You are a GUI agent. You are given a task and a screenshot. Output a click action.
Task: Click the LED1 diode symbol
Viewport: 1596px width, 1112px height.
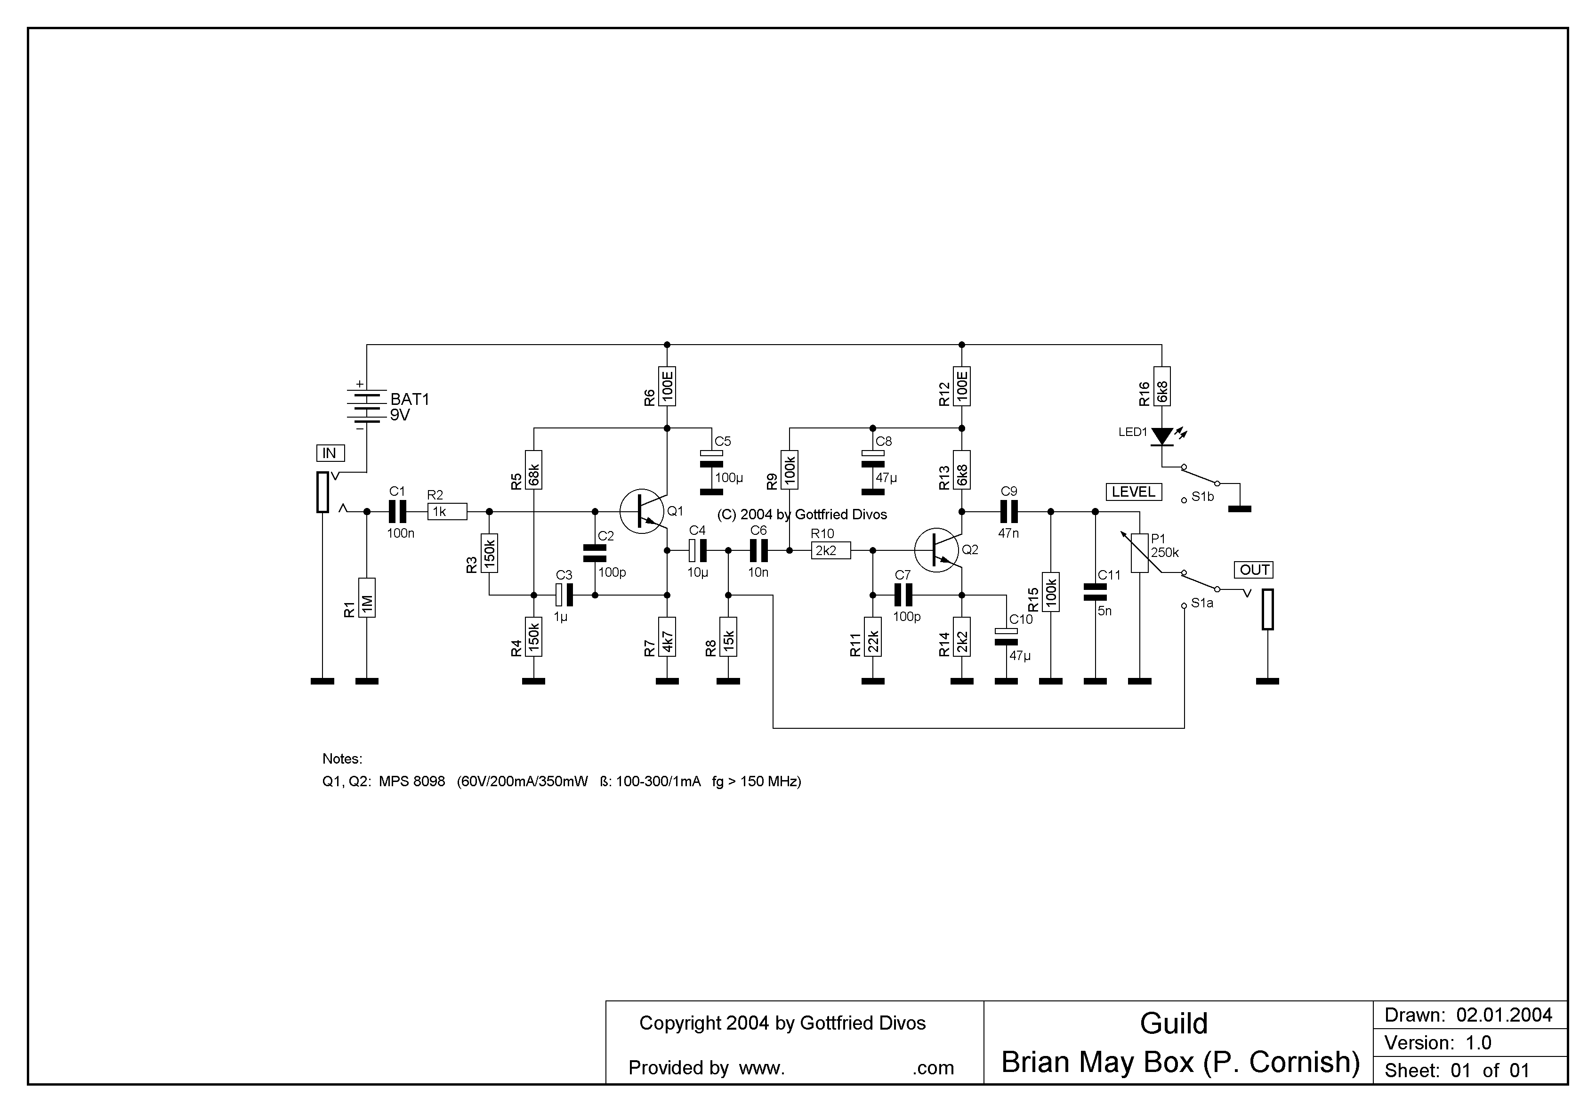pos(1161,436)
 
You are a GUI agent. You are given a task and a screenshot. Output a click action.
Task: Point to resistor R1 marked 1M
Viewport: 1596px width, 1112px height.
pos(367,598)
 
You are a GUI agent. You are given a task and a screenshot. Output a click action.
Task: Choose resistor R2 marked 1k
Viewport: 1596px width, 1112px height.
pos(447,512)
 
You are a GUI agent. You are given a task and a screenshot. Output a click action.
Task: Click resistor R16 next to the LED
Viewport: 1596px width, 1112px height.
pos(1161,387)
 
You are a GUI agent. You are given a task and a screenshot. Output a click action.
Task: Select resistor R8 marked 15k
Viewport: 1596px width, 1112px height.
pos(728,636)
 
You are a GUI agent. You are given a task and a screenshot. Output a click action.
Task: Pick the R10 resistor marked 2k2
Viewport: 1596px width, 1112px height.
pos(830,550)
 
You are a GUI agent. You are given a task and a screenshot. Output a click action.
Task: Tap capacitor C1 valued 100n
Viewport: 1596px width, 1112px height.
pos(397,512)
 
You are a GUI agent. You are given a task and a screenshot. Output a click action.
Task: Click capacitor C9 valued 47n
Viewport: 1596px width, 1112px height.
pos(1008,512)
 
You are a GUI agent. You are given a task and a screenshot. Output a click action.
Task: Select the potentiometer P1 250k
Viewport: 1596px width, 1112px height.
pos(1139,553)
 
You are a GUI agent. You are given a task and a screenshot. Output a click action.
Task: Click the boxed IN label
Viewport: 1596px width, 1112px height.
pos(330,453)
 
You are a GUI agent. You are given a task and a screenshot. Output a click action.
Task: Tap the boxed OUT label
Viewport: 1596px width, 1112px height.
pos(1255,570)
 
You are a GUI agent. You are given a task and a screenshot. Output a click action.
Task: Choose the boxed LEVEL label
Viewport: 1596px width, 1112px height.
pos(1133,492)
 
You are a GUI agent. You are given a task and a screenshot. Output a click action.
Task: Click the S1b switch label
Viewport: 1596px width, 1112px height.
pos(1202,497)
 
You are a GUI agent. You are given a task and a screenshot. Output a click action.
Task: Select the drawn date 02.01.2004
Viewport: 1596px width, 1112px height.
pos(1504,1015)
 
